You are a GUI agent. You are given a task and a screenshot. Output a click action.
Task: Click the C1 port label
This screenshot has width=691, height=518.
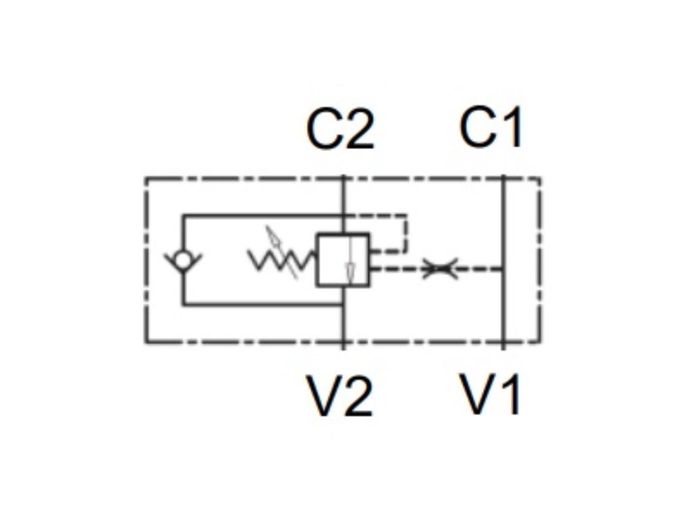tap(491, 127)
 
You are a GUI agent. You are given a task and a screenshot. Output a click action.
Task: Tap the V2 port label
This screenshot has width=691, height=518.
tap(339, 396)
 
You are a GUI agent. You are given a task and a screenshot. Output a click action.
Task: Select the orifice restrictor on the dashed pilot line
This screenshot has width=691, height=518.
tap(440, 269)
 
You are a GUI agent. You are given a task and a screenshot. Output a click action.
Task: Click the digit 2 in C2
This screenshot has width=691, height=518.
tap(358, 129)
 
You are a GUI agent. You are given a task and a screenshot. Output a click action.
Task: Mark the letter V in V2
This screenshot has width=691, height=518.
tap(323, 396)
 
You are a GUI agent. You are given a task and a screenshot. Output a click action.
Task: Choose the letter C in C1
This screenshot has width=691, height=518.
tap(477, 127)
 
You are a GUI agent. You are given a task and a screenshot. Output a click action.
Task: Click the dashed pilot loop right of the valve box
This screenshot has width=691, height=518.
tap(405, 233)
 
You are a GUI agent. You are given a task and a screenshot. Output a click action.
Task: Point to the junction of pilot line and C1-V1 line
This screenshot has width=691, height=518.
tap(503, 269)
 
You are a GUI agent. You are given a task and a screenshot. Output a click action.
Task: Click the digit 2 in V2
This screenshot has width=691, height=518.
tap(358, 397)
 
